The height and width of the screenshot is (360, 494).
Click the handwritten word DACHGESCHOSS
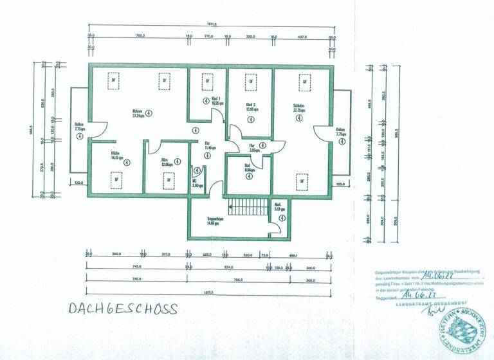point(122,309)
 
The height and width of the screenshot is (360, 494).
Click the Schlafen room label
point(298,107)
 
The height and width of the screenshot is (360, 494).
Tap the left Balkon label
point(80,127)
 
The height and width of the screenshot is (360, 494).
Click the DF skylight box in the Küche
point(116,180)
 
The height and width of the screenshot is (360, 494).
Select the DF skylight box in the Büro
point(169,180)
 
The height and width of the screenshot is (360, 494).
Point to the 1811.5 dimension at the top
point(211,24)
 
